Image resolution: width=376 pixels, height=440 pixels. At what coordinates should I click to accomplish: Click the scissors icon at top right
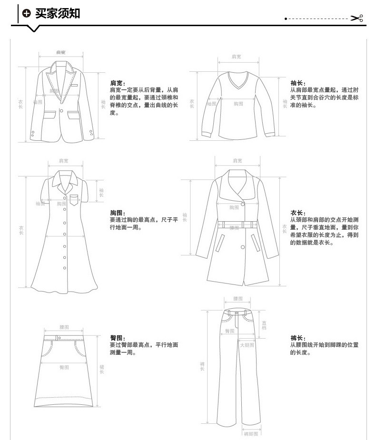point(356,19)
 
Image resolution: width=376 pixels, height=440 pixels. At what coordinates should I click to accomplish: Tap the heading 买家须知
point(58,13)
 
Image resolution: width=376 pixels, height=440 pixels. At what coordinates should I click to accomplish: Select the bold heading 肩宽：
point(118,83)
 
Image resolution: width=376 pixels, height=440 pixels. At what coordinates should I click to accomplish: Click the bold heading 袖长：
point(298,83)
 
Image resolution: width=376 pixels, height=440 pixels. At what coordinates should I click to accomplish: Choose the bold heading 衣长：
point(298,213)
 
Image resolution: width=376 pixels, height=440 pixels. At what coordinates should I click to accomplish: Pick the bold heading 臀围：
point(118,337)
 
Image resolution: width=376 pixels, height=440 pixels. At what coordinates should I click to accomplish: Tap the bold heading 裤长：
point(298,337)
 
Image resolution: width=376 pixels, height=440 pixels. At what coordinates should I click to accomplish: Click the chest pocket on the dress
point(74,200)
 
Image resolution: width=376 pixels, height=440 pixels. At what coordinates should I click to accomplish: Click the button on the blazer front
point(61,111)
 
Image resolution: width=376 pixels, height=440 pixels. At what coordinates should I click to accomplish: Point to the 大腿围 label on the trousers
point(247,345)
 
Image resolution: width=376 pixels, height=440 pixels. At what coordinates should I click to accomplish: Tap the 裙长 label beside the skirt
point(102,369)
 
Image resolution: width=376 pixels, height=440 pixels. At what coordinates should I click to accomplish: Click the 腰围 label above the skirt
point(64,327)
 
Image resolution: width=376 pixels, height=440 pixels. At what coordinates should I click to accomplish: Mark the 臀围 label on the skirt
point(64,367)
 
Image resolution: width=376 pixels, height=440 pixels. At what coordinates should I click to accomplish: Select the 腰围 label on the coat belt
point(234,228)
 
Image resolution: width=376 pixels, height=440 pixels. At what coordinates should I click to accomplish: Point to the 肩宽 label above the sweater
point(237,57)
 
